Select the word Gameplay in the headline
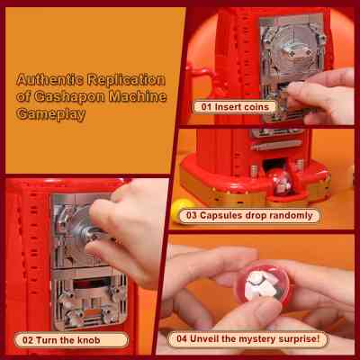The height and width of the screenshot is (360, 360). (51, 114)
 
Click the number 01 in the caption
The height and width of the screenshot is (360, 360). (206, 107)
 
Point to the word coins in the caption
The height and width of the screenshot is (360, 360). (256, 107)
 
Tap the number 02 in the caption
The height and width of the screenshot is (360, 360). (28, 340)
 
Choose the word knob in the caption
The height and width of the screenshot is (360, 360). (89, 340)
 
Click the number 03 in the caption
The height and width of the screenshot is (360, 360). (191, 215)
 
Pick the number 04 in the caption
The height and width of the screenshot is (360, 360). (182, 339)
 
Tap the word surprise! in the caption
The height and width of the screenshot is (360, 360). (299, 339)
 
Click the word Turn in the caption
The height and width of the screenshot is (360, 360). (46, 340)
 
